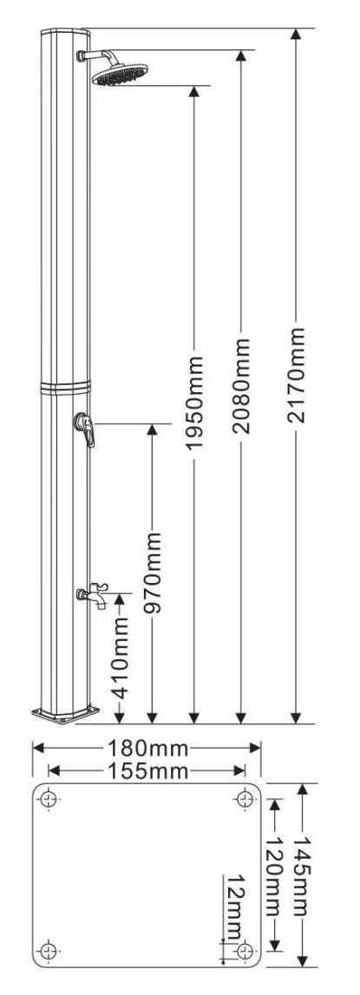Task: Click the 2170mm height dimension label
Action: tap(296, 375)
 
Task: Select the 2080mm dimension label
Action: tap(240, 386)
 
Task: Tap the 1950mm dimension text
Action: tap(194, 403)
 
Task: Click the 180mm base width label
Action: tap(147, 749)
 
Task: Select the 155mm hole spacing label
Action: tap(147, 771)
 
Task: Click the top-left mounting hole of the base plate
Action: tap(49, 798)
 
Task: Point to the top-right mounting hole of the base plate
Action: tap(245, 798)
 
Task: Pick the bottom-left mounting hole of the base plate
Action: tap(49, 950)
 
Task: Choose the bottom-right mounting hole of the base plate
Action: tap(245, 950)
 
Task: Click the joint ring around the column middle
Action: tap(65, 387)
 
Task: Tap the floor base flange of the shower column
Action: tap(66, 714)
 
